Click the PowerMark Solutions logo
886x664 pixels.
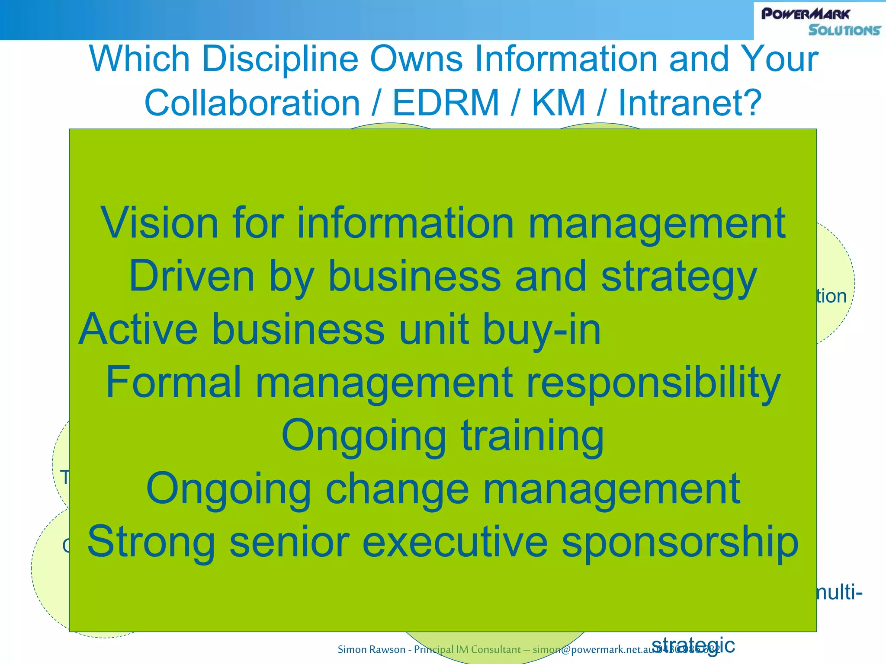(x=820, y=21)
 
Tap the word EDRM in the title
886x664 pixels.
(x=446, y=103)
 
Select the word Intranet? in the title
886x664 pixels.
(x=690, y=103)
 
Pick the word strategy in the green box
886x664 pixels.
(x=679, y=277)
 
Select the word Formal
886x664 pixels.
(x=173, y=382)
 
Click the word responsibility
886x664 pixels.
(x=653, y=383)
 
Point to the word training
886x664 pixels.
(x=532, y=436)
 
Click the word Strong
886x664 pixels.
(x=151, y=542)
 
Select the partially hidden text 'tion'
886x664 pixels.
(x=831, y=297)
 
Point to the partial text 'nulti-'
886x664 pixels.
(x=839, y=592)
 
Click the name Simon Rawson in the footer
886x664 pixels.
(x=371, y=649)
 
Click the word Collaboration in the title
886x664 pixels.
(x=252, y=103)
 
